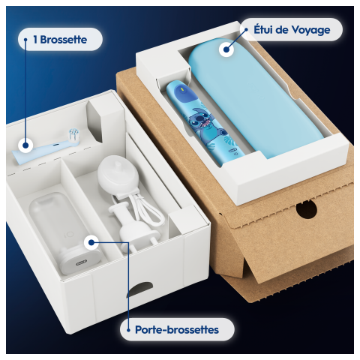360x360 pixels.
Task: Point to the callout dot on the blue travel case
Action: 224,49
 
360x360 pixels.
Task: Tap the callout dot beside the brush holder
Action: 91,241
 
